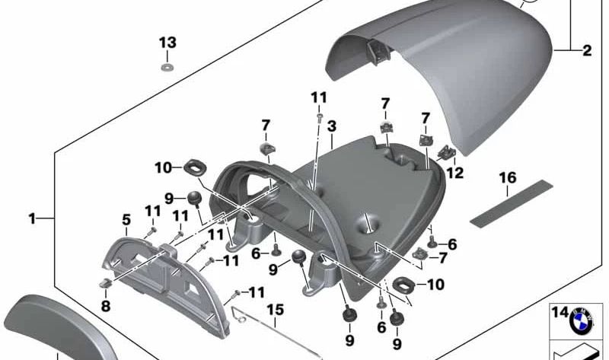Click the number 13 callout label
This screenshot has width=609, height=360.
167,41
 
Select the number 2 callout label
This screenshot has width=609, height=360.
586,52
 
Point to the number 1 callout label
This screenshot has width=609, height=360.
32,219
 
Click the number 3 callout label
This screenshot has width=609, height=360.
331,123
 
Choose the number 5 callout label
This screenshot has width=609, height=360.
126,220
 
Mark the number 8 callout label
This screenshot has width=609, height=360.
105,307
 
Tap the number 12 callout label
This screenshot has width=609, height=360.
476,173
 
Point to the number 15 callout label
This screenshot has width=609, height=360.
274,310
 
